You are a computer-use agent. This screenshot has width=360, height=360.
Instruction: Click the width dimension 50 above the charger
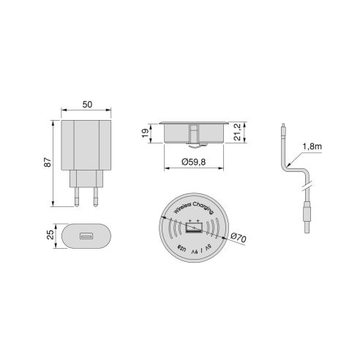pyautogui.click(x=86, y=105)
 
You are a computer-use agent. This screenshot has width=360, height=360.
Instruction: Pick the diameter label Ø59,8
pyautogui.click(x=192, y=162)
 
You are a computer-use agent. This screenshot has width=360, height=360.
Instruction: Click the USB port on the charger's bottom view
pyautogui.click(x=86, y=237)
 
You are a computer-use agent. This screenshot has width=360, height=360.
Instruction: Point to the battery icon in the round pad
pyautogui.click(x=193, y=230)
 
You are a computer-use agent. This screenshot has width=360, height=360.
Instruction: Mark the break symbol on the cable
pyautogui.click(x=307, y=182)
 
